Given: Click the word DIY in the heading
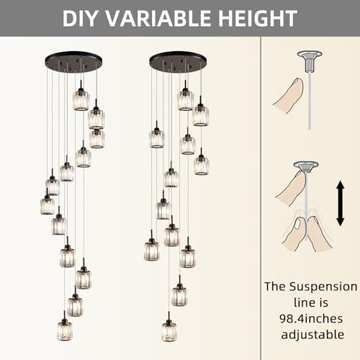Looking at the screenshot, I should click(85, 17).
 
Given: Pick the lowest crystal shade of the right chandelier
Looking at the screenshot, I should click(169, 331).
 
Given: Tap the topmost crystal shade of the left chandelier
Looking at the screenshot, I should click(81, 99).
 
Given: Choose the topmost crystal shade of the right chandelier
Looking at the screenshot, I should click(185, 99).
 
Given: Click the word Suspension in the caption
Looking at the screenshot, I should click(323, 286).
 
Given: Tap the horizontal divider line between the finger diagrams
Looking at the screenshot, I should click(310, 143).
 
